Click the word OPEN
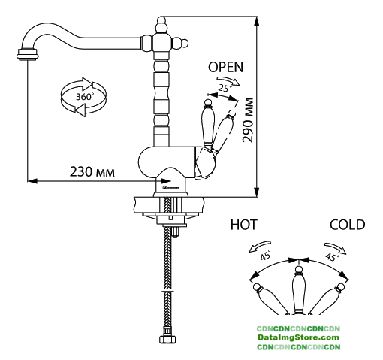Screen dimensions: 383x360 click(225, 67)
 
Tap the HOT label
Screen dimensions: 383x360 click(243, 225)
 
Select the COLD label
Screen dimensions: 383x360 click(347, 225)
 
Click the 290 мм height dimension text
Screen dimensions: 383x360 click(248, 120)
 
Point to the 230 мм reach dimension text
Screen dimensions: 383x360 click(92, 172)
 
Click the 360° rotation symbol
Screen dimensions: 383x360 click(83, 97)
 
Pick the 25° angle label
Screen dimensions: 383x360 click(225, 88)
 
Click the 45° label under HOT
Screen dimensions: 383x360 click(266, 255)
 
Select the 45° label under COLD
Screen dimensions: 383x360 click(332, 256)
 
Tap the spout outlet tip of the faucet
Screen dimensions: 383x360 click(28, 54)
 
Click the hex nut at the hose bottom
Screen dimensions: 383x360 click(167, 340)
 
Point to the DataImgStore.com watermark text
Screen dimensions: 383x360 click(298, 337)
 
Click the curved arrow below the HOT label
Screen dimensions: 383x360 click(260, 246)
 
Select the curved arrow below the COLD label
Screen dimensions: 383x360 click(336, 248)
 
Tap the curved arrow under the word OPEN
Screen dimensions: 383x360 click(228, 80)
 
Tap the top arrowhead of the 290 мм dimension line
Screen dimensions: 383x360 click(256, 21)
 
